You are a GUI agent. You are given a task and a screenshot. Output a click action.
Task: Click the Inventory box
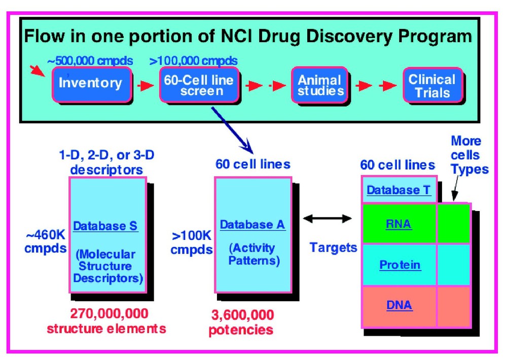[x=91, y=83]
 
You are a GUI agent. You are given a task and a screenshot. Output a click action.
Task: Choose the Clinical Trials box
[x=432, y=86]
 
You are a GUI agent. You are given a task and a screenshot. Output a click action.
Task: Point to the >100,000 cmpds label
[x=194, y=61]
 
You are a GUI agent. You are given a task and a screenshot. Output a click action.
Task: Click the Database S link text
[x=105, y=226]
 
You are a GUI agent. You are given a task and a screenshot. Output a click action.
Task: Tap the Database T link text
[x=399, y=190]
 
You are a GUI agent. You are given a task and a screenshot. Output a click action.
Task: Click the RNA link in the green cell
[x=399, y=225]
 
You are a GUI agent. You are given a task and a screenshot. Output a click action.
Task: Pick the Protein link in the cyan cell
[x=400, y=265]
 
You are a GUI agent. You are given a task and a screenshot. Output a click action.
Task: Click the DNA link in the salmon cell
[x=399, y=305]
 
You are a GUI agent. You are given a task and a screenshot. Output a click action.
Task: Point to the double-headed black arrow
[x=327, y=219]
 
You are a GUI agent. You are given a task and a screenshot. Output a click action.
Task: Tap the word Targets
[x=333, y=248]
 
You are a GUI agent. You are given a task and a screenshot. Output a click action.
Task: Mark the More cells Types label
[x=468, y=155]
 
